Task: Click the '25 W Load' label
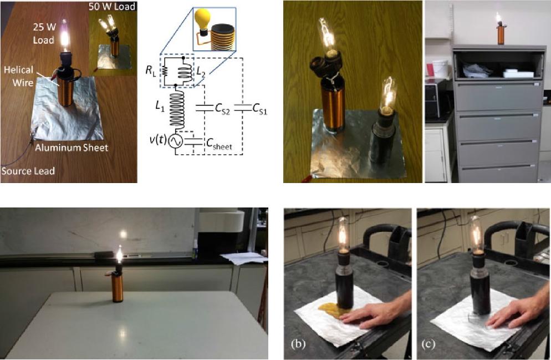click(44, 33)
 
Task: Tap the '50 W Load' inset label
click(112, 6)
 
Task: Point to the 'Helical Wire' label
click(18, 76)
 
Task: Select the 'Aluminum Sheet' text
click(72, 148)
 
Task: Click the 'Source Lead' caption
click(28, 171)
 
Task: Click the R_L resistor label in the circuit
click(150, 70)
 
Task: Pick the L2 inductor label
click(201, 72)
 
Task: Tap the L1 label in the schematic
click(160, 107)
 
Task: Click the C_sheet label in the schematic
click(219, 144)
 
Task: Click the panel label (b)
click(298, 344)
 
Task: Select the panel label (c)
click(428, 344)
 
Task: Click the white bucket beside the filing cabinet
click(440, 69)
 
